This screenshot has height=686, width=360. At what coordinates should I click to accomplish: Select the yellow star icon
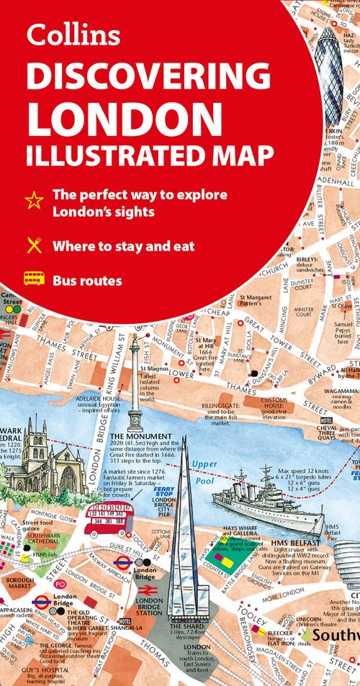(x=34, y=202)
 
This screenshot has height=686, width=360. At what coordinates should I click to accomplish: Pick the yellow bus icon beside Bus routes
(x=34, y=279)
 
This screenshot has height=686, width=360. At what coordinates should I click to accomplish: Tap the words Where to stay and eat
(x=123, y=246)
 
